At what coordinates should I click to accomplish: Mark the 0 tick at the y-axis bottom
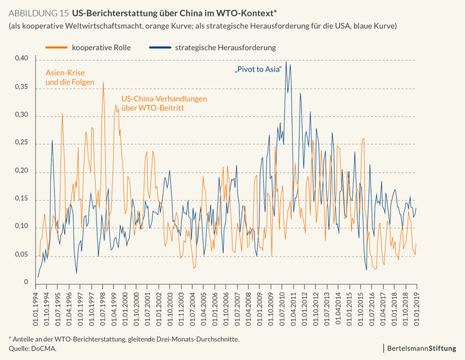26,283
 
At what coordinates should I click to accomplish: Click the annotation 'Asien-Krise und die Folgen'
70,77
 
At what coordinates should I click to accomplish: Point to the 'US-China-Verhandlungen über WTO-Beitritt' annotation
164,103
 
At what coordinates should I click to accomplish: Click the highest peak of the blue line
286,61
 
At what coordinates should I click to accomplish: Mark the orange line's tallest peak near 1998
103,82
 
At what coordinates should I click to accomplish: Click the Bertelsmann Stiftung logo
426,347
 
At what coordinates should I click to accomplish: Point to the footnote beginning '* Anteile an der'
123,339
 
